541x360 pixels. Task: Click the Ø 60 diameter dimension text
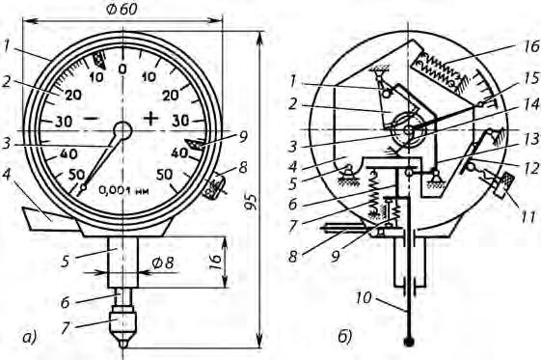pyautogui.click(x=122, y=10)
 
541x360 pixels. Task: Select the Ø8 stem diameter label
pyautogui.click(x=163, y=263)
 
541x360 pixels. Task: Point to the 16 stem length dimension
pyautogui.click(x=215, y=263)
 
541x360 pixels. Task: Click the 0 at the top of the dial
pyautogui.click(x=122, y=69)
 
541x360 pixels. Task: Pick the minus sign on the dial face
pyautogui.click(x=92, y=119)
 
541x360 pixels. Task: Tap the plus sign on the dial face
pyautogui.click(x=150, y=119)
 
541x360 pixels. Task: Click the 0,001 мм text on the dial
pyautogui.click(x=123, y=190)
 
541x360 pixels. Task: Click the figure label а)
pyautogui.click(x=29, y=338)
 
